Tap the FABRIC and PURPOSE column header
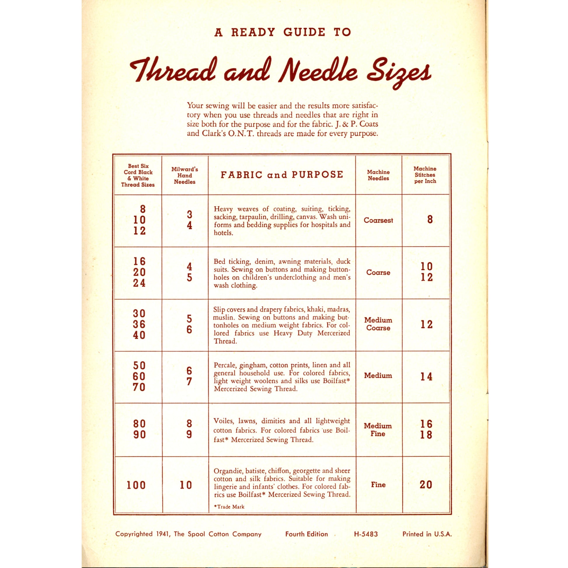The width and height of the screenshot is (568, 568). click(x=282, y=175)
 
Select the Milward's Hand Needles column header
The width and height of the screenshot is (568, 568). click(x=185, y=175)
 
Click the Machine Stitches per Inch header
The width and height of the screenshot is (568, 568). click(x=425, y=175)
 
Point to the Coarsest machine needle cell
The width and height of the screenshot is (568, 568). click(x=378, y=220)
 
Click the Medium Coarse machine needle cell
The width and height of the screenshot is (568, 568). click(x=378, y=324)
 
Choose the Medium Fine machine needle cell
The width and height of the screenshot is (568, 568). click(x=378, y=430)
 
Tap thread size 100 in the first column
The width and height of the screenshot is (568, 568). click(x=136, y=485)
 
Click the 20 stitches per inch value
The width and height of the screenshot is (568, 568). click(x=426, y=485)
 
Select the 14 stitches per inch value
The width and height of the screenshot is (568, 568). click(x=426, y=377)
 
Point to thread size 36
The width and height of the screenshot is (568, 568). click(x=139, y=324)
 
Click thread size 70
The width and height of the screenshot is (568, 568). click(x=139, y=387)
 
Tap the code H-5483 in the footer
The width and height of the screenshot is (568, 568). click(x=366, y=534)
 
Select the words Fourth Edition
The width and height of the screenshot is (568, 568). click(x=306, y=534)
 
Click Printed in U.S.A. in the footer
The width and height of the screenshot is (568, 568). click(x=427, y=534)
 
